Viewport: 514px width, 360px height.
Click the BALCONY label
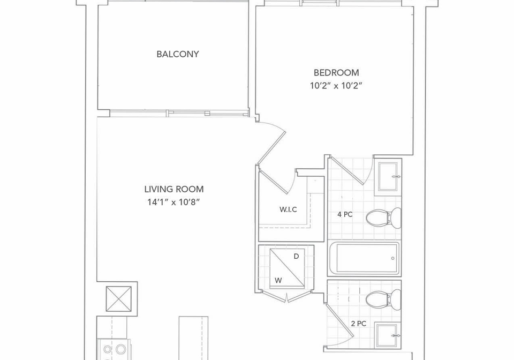pos(178,54)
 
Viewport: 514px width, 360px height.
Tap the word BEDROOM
pos(336,72)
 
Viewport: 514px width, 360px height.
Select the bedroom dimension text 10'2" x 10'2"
pos(336,86)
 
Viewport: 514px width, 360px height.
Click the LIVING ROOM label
pos(174,189)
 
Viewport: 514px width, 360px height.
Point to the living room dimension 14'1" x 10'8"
pos(173,202)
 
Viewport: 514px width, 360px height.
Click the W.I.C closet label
pos(288,209)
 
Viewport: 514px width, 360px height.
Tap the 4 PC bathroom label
pos(345,214)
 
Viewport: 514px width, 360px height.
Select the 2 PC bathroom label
pos(359,324)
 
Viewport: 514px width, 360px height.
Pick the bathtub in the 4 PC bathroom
pos(364,258)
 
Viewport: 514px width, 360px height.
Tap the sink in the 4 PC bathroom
pos(388,177)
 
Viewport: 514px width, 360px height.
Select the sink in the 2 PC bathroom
pos(388,335)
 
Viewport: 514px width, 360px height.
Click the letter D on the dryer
pos(296,257)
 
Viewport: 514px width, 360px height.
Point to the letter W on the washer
pos(278,280)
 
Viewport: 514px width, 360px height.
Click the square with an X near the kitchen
pos(119,299)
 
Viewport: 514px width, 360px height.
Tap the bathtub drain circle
pos(392,258)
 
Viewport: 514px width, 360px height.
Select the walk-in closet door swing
pos(278,181)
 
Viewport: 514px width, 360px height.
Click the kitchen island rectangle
pos(193,338)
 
